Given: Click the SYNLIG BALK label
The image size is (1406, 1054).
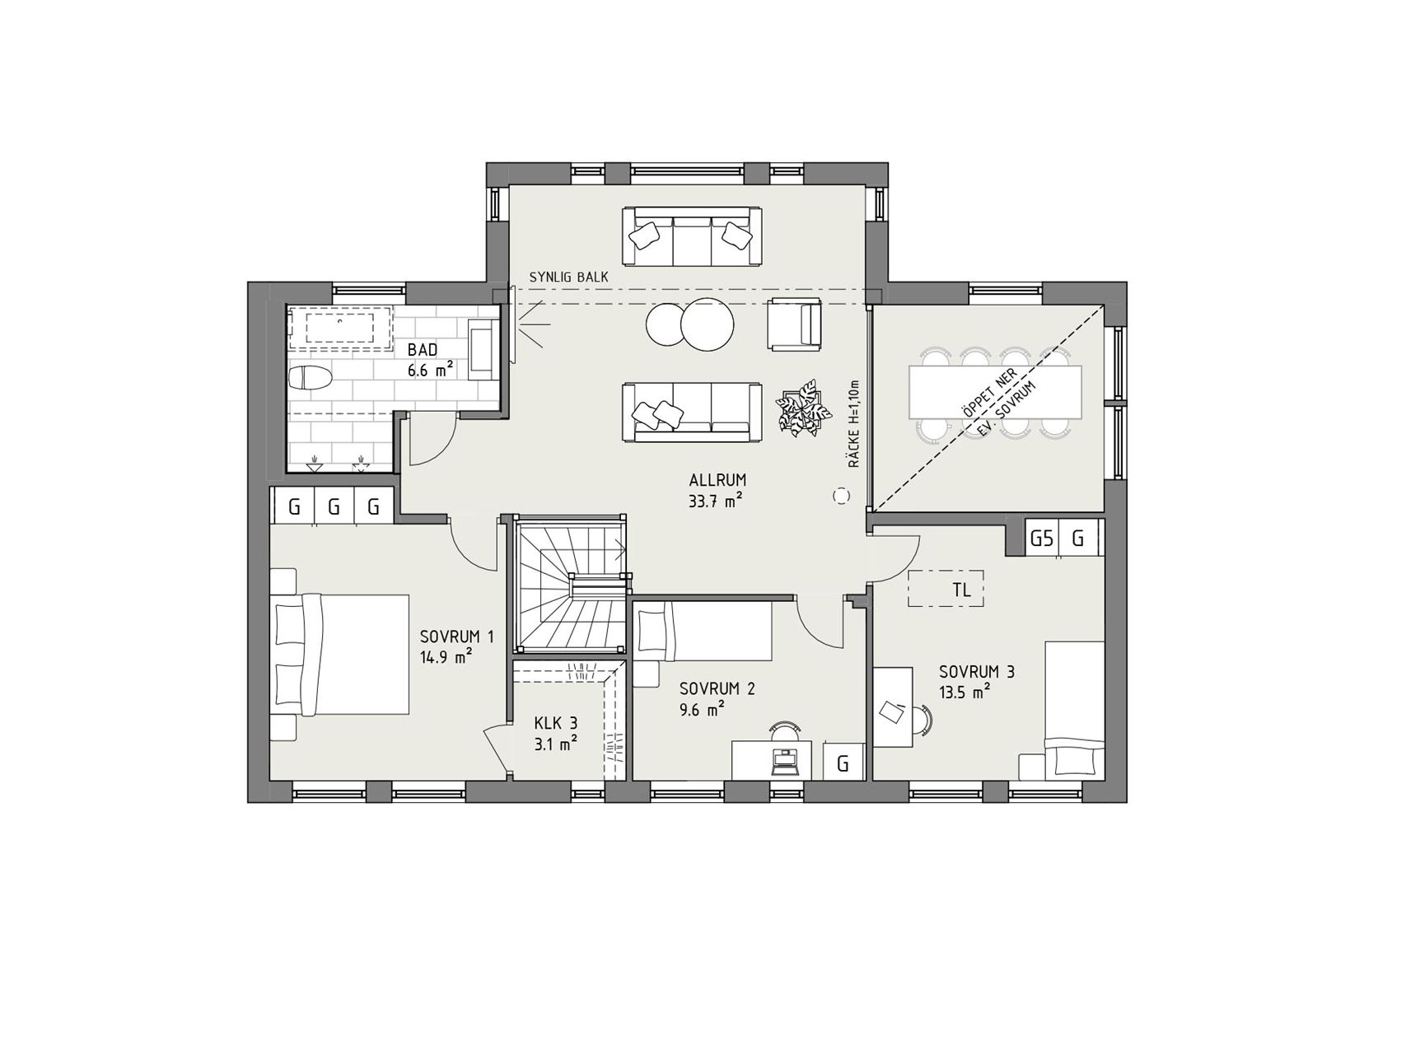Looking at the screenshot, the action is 568,277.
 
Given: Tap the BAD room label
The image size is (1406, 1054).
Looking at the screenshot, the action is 423,350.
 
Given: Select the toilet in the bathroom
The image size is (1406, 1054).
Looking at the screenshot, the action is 311,379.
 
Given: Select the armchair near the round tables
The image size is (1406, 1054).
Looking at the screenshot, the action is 794,324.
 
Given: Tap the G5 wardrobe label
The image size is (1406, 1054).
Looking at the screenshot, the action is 1042,539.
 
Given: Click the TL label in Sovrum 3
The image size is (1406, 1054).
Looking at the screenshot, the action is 960,590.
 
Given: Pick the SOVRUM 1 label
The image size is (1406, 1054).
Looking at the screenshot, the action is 457,637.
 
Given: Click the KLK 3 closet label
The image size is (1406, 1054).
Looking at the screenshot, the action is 556,723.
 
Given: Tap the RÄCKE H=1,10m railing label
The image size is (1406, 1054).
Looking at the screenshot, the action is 854,424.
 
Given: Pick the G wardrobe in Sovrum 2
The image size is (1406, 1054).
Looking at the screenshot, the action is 843,762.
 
